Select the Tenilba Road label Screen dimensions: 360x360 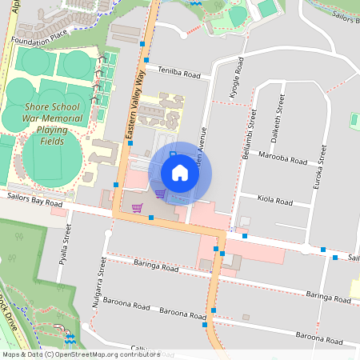coord(178,73)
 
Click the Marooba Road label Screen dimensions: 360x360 coord(283,159)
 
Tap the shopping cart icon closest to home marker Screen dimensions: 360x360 coord(160,193)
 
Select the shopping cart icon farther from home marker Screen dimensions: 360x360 coord(137,208)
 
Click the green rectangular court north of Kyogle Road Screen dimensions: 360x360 coord(267,7)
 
